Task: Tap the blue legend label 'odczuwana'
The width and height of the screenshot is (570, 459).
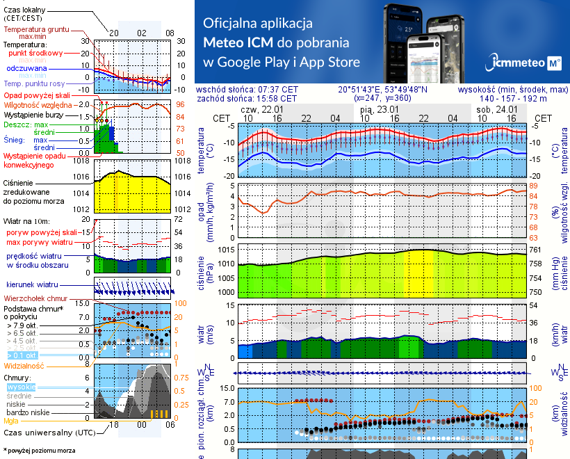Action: [26, 69]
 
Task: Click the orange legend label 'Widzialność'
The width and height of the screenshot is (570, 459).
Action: [24, 365]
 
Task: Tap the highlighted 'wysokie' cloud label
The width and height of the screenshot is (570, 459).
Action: [22, 387]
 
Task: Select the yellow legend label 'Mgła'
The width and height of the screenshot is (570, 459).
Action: [10, 420]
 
